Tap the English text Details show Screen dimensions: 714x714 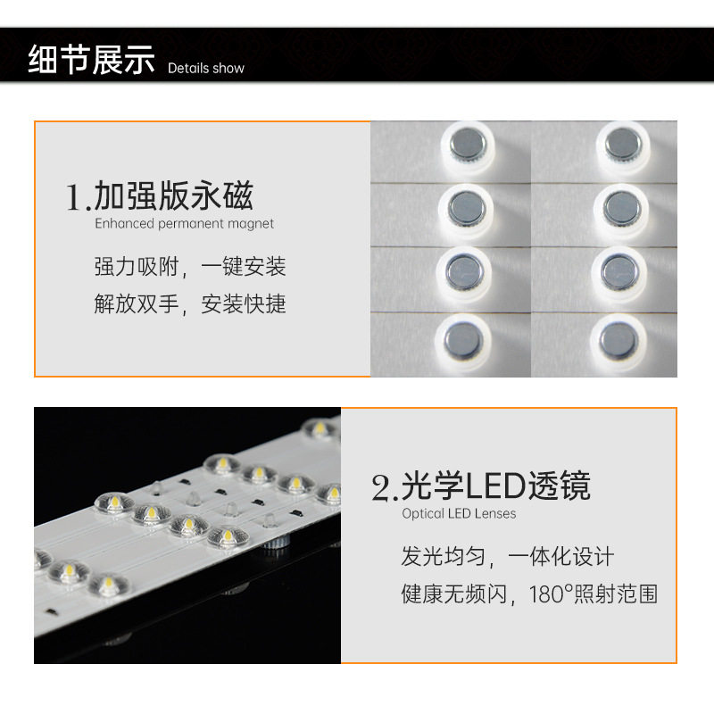point(205,68)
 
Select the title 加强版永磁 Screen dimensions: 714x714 point(174,195)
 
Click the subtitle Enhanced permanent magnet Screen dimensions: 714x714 point(185,224)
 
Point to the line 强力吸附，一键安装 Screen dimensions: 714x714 point(190,266)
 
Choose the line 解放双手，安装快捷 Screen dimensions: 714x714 point(190,303)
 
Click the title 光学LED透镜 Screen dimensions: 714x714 point(496,486)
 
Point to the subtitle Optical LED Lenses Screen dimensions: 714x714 point(459,514)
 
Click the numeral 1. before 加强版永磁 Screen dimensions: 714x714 point(79,197)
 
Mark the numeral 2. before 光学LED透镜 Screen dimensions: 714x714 point(385,488)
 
